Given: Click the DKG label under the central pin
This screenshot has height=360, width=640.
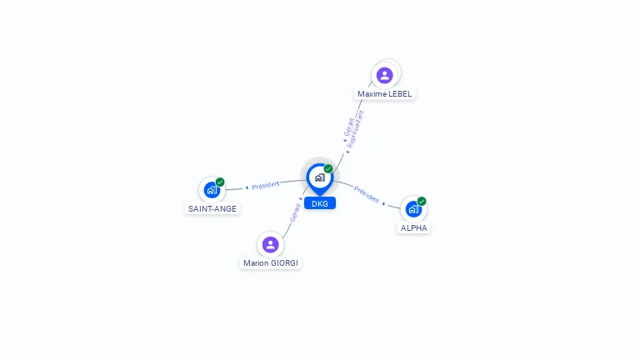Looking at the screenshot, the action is (320, 203).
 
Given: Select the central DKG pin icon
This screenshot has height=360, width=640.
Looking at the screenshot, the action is (320, 179).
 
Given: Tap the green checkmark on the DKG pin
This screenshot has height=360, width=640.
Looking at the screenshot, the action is (328, 168).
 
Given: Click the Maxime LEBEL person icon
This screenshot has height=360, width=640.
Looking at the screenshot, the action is (384, 75).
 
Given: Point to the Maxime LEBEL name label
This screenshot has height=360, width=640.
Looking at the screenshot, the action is (384, 94).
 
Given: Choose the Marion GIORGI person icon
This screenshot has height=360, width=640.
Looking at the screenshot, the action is (270, 244).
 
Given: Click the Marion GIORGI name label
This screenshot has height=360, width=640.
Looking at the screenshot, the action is (271, 263).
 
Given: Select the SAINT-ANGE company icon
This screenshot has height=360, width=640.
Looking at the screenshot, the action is (212, 190).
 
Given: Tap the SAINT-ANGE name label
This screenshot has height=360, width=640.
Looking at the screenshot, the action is (212, 209).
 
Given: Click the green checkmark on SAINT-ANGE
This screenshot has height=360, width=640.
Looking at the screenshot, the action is (220, 182).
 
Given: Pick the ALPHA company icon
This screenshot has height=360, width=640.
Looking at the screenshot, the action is (413, 209).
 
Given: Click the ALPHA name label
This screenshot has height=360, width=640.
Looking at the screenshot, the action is (413, 228).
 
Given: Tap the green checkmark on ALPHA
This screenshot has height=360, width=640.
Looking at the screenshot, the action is (422, 201).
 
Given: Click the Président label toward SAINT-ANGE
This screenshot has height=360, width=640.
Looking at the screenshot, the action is (265, 185).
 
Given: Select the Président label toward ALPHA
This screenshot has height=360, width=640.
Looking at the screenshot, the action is (366, 194).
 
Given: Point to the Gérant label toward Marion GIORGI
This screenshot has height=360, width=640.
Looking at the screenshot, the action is (295, 212).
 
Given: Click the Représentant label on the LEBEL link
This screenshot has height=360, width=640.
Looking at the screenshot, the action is (355, 128).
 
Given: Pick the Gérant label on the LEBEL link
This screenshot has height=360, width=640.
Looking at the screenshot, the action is (349, 127).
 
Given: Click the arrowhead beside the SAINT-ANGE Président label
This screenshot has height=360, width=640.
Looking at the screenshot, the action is (247, 187).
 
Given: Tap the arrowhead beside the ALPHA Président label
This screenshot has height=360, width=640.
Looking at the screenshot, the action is (383, 203).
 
